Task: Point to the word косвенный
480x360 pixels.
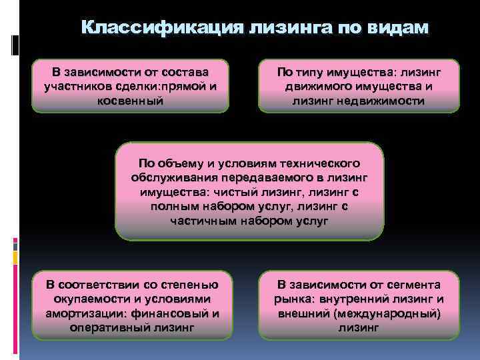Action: [x=130, y=101]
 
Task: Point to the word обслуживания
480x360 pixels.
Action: [x=173, y=177]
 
